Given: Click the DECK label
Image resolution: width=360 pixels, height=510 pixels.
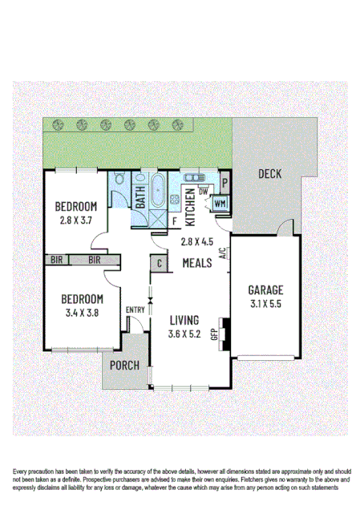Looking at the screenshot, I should click(270, 174).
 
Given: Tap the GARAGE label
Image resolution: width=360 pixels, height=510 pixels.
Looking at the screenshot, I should click(265, 289).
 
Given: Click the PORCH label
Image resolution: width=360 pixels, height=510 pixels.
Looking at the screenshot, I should click(125, 365).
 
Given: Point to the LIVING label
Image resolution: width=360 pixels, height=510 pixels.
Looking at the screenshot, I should click(184, 319).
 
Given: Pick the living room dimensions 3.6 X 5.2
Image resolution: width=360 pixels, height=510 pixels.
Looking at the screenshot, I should click(184, 334).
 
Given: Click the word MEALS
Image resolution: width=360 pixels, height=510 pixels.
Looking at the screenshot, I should click(197, 263).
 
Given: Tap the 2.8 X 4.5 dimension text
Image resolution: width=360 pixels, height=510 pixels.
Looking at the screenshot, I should click(197, 242).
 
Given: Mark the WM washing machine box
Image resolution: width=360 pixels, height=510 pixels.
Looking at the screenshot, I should click(220, 204).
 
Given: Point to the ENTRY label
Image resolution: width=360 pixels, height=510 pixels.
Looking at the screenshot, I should click(136, 310).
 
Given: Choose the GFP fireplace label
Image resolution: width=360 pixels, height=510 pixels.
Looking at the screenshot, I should click(213, 333).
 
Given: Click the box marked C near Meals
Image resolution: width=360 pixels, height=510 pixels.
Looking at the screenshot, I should click(159, 263).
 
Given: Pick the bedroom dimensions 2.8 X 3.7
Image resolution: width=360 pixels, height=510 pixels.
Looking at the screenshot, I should click(78, 219).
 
